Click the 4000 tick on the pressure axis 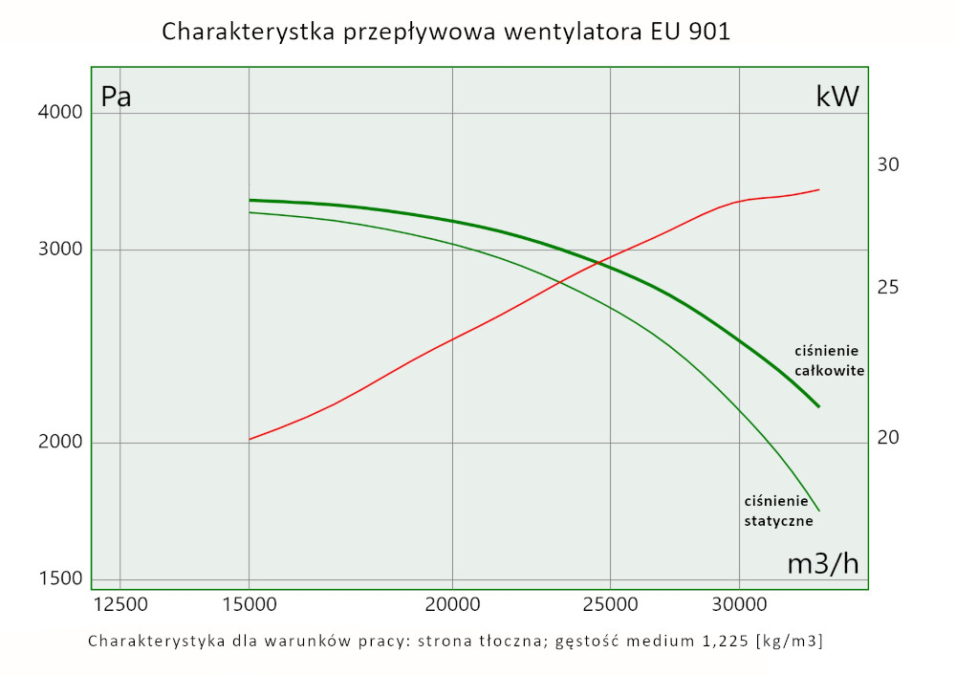tap(60, 112)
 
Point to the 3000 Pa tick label tap(60, 250)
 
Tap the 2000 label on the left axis tap(60, 443)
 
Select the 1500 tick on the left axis tap(60, 578)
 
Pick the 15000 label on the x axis tap(249, 605)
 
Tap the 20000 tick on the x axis tap(452, 605)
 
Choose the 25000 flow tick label tap(611, 605)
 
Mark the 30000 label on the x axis tap(739, 605)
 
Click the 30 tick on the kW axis tap(888, 165)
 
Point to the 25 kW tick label tap(888, 288)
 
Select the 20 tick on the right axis tap(888, 438)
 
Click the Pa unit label tap(117, 98)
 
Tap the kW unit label tap(837, 97)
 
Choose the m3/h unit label tap(822, 564)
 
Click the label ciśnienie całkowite tap(829, 360)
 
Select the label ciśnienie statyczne tap(778, 512)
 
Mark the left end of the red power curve tap(250, 439)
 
